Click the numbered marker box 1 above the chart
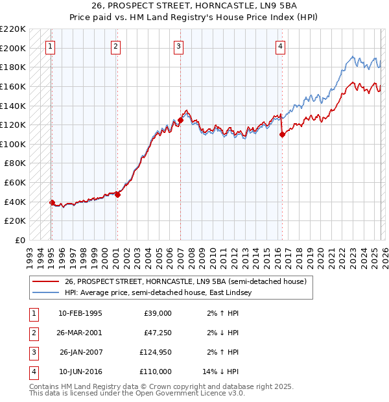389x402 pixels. click(x=51, y=46)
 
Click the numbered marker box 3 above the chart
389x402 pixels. click(x=178, y=46)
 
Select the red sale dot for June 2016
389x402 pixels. click(x=282, y=134)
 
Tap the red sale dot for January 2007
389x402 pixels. click(x=180, y=120)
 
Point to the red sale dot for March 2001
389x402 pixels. click(x=117, y=195)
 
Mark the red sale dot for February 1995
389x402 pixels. click(x=52, y=202)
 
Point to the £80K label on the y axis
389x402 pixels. click(x=16, y=163)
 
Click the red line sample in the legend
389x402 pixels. click(x=46, y=282)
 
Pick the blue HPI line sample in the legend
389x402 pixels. click(x=46, y=292)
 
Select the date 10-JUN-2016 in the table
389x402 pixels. click(x=80, y=372)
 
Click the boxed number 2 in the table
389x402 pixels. click(x=32, y=333)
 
